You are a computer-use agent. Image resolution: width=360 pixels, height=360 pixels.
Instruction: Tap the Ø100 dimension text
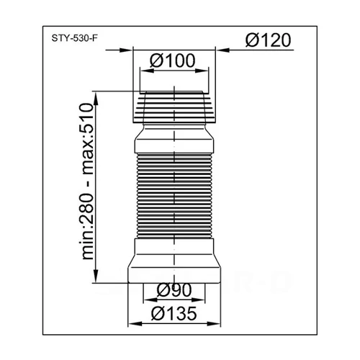point(172,63)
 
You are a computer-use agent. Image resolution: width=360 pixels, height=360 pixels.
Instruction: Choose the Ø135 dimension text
point(175,314)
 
